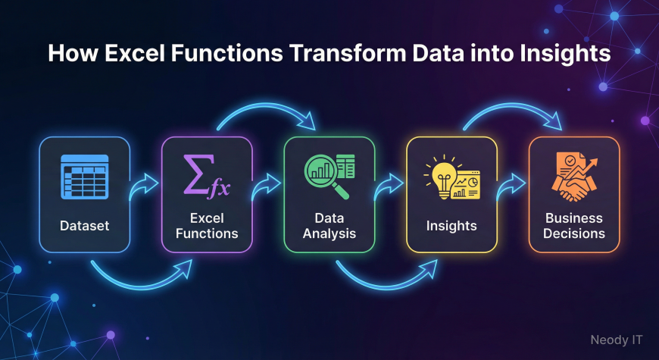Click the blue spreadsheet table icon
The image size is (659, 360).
[x=85, y=177]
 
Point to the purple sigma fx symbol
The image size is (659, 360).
[x=207, y=176]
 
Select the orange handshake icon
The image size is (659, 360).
[x=574, y=177]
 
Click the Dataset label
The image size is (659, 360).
[x=85, y=226]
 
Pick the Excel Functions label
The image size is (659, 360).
[x=207, y=226]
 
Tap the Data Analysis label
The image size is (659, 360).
[x=329, y=226]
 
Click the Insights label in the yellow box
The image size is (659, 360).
[x=451, y=226]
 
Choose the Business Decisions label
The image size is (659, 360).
[x=574, y=226]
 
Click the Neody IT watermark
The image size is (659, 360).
[x=617, y=340]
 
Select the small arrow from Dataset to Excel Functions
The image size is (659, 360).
[x=144, y=186]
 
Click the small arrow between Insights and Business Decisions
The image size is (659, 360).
[x=511, y=186]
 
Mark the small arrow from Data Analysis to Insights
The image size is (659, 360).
[x=389, y=186]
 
